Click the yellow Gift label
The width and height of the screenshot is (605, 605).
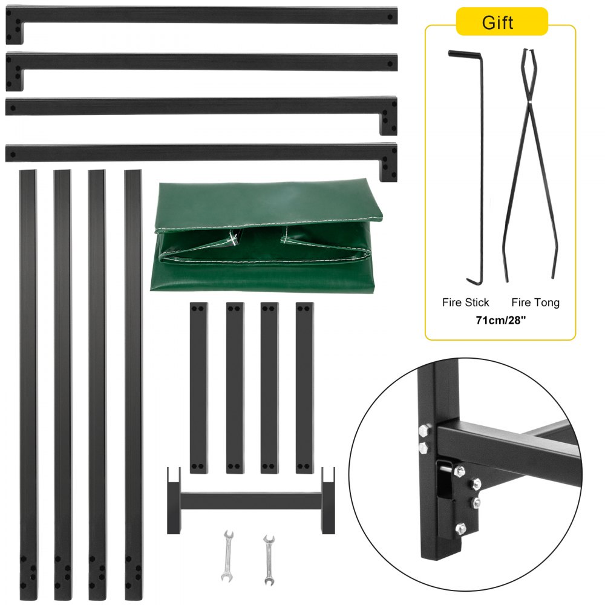coord(497,22)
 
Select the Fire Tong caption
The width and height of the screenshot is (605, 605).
coord(535,302)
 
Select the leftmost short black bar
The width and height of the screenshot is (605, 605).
coord(198,387)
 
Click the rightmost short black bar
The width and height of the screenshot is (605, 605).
coord(305,387)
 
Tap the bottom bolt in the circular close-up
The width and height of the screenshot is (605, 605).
coord(462,527)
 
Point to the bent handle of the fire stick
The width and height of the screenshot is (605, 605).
coord(460,54)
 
